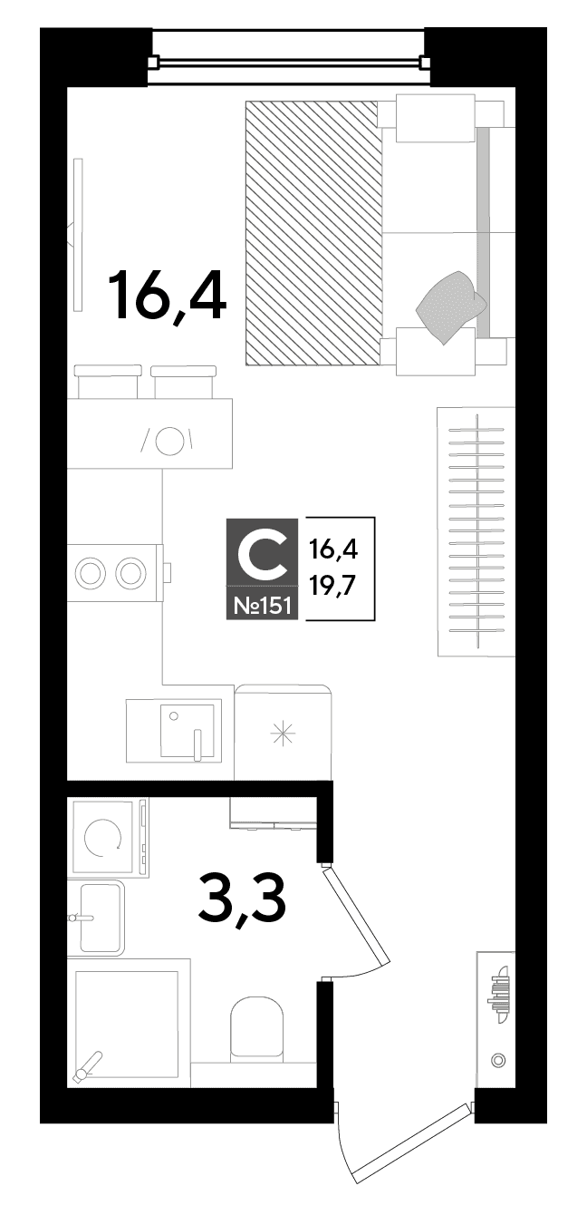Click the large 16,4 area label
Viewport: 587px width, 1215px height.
(167, 296)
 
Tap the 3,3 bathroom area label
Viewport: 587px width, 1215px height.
(242, 902)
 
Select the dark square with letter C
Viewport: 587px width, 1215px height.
(262, 552)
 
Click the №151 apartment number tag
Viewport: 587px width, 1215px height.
(262, 603)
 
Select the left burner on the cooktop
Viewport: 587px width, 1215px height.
(89, 572)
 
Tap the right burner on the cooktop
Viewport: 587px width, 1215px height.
(130, 572)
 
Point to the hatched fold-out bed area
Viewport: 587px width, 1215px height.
(313, 233)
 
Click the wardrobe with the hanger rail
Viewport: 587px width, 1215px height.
(476, 531)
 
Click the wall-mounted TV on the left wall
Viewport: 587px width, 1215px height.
(78, 234)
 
